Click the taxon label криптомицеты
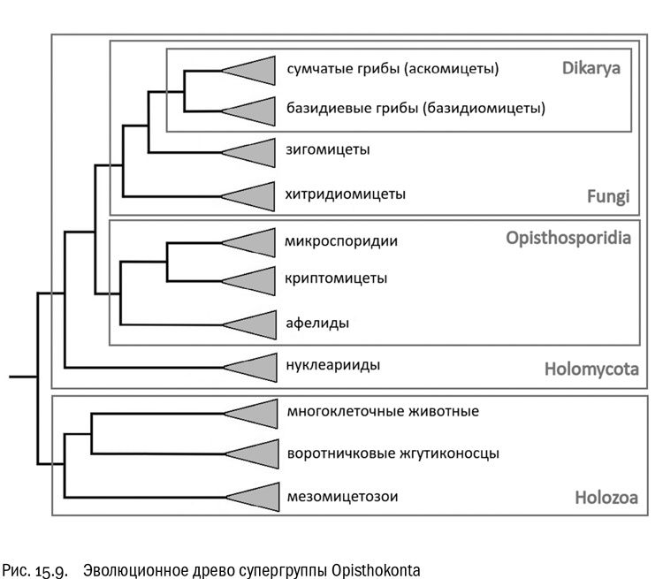[x=337, y=278]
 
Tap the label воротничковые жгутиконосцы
[x=393, y=453]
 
